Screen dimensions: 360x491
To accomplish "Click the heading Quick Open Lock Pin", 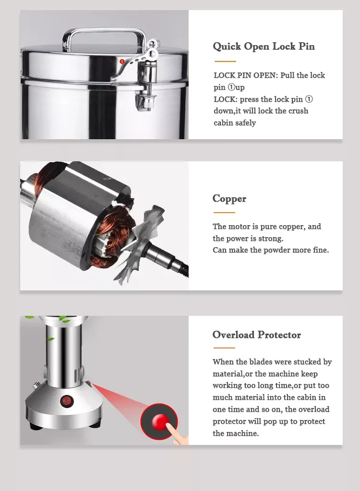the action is point(264,47).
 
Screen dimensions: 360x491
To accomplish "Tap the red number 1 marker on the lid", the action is point(122,61).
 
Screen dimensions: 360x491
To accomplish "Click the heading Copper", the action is point(229,199).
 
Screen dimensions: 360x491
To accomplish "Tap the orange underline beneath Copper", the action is point(224,212).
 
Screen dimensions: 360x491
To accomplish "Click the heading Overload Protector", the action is point(257,335).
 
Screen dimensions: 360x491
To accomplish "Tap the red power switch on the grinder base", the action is point(67,401).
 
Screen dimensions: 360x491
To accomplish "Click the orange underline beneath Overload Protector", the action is point(224,347).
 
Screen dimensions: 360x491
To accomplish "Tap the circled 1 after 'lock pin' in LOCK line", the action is point(309,99).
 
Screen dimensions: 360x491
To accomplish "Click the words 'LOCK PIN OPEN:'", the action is point(246,75).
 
